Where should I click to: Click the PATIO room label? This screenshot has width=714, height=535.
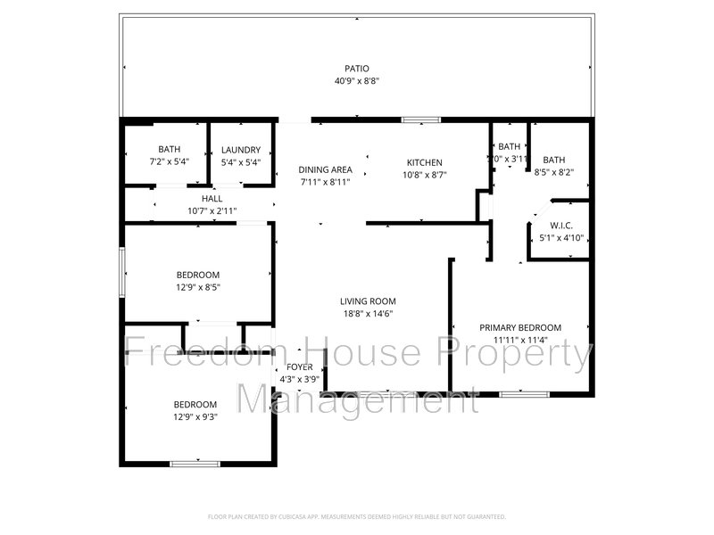(x=357, y=69)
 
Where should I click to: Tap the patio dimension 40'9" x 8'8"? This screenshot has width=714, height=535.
(x=357, y=81)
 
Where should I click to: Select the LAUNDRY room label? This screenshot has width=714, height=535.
(x=241, y=150)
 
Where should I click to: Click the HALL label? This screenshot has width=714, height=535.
(x=212, y=199)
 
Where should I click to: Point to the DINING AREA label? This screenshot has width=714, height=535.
(x=325, y=169)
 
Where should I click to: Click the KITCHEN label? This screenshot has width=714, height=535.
(x=424, y=162)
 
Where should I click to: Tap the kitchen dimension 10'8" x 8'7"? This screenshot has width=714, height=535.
(x=424, y=175)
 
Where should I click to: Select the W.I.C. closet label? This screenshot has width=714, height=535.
(x=561, y=226)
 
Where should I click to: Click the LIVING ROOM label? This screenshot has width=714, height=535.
(x=367, y=301)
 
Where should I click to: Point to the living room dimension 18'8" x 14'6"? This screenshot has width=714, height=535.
(x=367, y=314)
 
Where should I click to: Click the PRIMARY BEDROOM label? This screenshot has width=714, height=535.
(x=520, y=328)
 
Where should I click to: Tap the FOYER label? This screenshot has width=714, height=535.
(x=299, y=367)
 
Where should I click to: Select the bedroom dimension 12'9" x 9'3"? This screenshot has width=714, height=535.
(x=195, y=416)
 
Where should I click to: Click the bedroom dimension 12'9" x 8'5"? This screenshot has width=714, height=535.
(x=197, y=287)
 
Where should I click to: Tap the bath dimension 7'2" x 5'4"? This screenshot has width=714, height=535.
(x=169, y=162)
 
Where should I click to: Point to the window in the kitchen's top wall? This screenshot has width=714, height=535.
(x=420, y=119)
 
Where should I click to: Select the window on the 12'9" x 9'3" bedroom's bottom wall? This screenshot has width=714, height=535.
(x=195, y=463)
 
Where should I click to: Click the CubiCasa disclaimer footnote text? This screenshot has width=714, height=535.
(x=357, y=516)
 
